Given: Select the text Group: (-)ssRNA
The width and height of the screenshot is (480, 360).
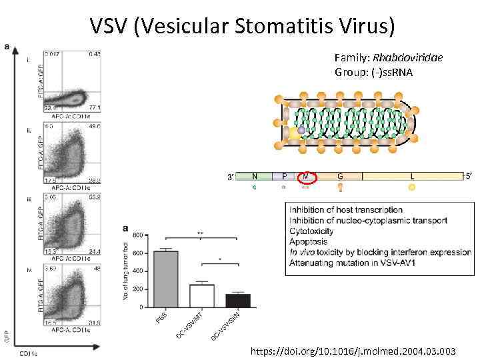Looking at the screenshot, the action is tap(373, 71).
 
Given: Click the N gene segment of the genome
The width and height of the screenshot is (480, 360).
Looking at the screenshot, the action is tap(255, 177).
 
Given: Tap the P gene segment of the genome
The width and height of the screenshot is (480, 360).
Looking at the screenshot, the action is tap(284, 177).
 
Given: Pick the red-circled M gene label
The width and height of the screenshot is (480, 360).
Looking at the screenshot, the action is tap(306, 177).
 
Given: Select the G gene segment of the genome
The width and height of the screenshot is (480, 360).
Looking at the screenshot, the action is tap(340, 177).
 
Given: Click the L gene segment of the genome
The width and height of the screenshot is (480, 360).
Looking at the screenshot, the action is tap(412, 177).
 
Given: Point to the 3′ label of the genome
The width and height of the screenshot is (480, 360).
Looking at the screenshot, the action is tap(230, 177).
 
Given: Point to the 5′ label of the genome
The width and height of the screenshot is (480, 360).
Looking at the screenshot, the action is tap(469, 177).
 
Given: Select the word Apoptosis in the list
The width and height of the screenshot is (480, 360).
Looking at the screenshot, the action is tap(308, 242).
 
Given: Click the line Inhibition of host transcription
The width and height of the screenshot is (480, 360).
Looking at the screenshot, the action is tap(346, 210).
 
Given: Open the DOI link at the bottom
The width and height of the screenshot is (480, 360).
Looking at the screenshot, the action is tap(354, 350).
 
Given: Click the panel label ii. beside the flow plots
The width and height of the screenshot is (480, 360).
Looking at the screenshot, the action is tap(29, 131).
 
